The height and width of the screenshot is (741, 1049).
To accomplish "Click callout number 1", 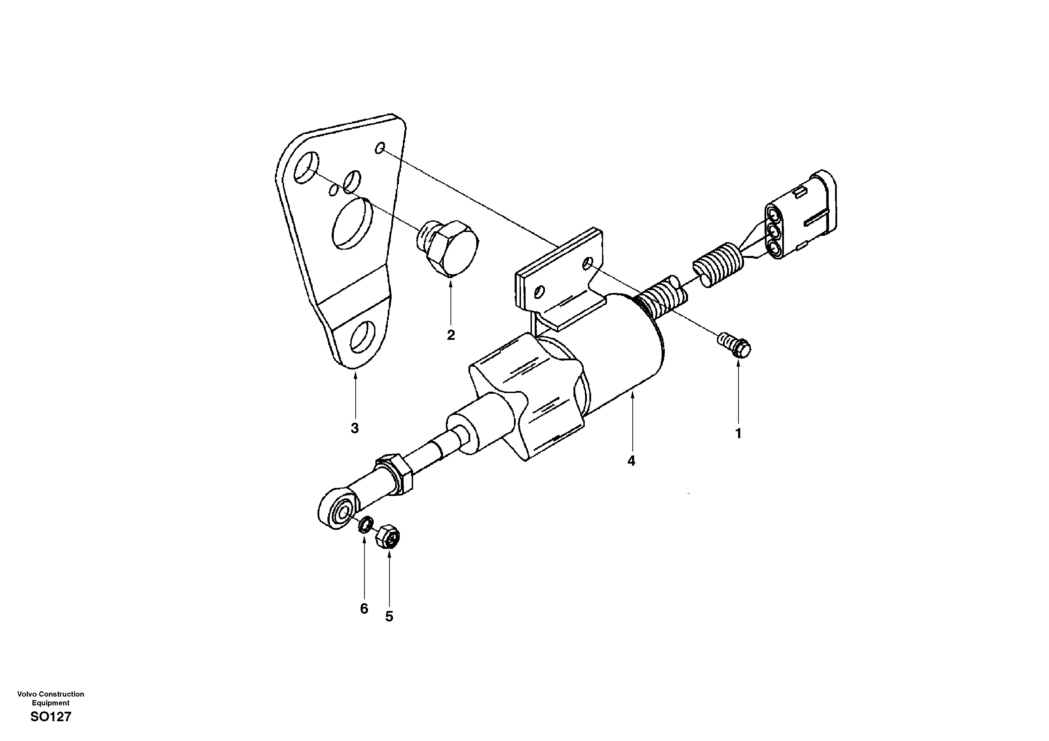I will click(x=738, y=434).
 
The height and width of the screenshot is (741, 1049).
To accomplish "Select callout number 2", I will click(x=451, y=335).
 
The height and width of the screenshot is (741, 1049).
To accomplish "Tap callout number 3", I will click(x=355, y=429).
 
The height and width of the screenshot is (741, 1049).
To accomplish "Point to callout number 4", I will click(x=631, y=461).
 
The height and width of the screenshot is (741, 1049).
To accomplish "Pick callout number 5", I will click(x=389, y=617).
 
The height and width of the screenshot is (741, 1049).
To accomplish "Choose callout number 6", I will click(x=364, y=608).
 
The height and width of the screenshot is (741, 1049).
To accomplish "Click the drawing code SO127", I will click(x=51, y=717).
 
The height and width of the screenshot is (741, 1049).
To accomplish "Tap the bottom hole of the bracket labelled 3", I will click(x=362, y=337).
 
